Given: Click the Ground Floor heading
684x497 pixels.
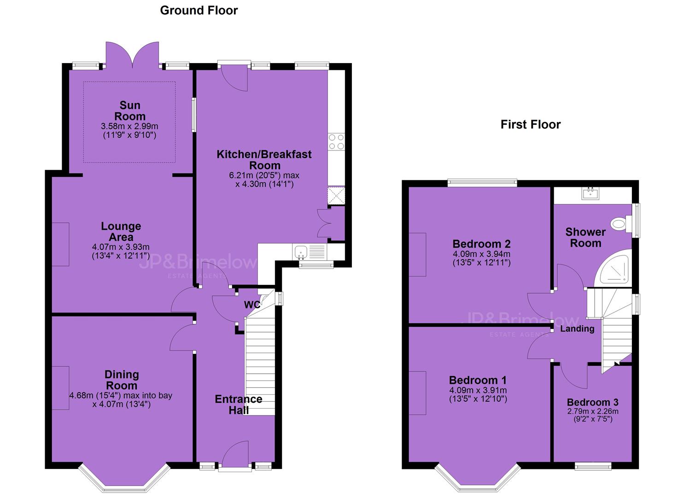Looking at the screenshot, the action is click(199, 11).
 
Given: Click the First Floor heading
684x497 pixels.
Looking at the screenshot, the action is click(531, 124).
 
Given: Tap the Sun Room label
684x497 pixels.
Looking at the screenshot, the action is click(130, 111).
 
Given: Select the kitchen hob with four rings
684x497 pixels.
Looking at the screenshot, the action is click(336, 142).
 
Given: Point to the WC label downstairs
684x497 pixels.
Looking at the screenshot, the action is click(252, 305).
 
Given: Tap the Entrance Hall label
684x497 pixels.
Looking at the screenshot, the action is click(239, 405).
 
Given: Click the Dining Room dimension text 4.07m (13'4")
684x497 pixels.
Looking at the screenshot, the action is click(122, 405).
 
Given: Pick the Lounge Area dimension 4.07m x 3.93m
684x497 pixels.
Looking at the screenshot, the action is click(121, 247).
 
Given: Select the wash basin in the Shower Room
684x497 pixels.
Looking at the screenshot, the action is click(590, 193).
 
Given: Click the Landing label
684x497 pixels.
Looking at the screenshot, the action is click(577, 329).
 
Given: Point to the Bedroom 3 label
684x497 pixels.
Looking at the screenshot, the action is click(593, 402).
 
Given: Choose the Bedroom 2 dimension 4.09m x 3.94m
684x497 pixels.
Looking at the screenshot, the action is click(481, 254).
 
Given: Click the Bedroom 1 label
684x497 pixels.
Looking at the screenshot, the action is click(478, 380).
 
